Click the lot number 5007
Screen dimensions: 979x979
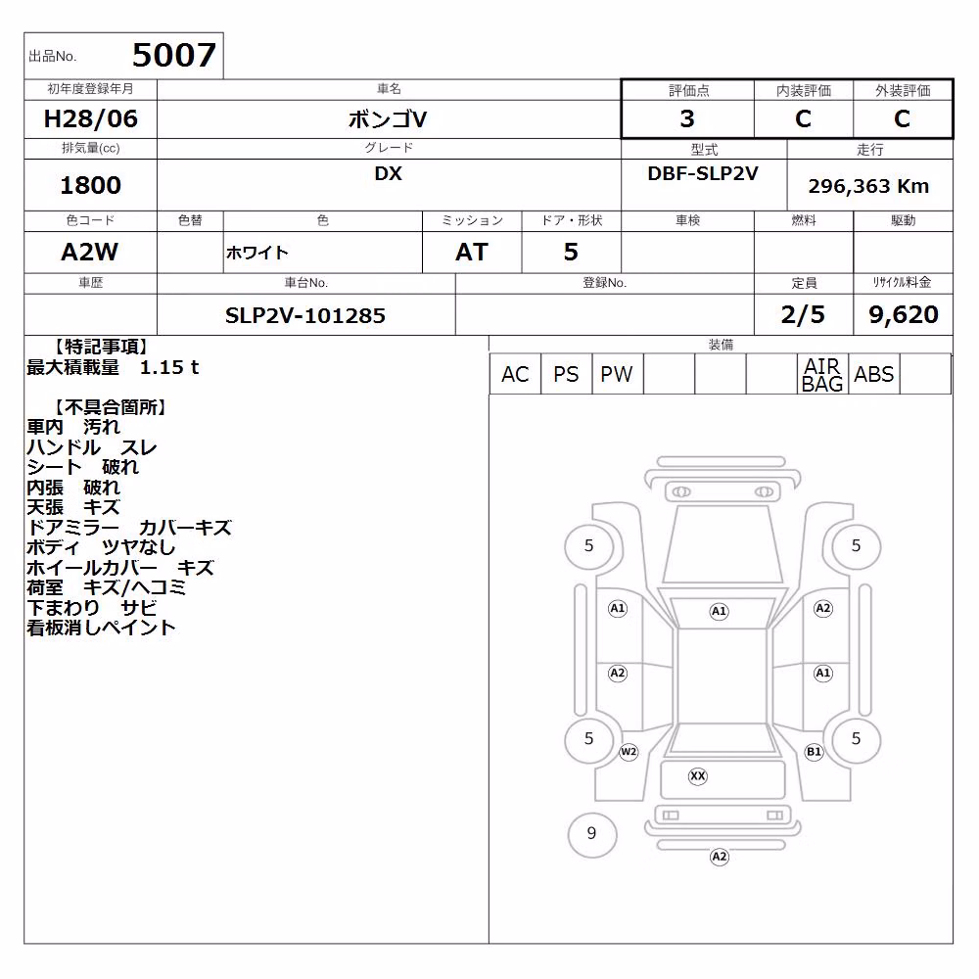click(x=174, y=55)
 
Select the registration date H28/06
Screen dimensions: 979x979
click(x=90, y=118)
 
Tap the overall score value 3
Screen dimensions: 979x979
click(x=687, y=118)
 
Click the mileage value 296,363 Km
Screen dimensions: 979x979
click(x=868, y=186)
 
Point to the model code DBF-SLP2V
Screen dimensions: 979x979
click(x=703, y=173)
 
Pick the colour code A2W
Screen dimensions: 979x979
click(x=89, y=253)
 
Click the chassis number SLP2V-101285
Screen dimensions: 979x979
click(x=305, y=315)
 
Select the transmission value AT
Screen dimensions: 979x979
click(x=472, y=253)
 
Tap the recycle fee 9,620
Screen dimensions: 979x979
click(x=904, y=314)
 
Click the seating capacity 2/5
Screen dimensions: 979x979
click(x=803, y=314)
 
